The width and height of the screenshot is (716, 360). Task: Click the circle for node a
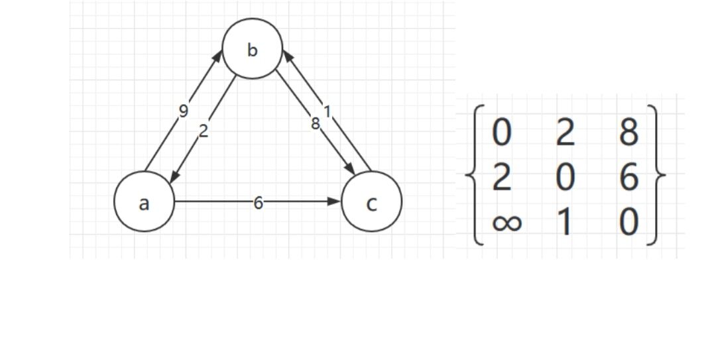click(x=144, y=202)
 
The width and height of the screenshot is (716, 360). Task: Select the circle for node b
click(x=252, y=49)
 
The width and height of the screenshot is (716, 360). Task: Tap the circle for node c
click(x=371, y=202)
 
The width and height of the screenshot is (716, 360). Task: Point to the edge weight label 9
click(x=184, y=110)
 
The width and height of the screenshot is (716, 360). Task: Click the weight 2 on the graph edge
click(x=204, y=131)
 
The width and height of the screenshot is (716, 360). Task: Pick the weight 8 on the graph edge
click(x=316, y=123)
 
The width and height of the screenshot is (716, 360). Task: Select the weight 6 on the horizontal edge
click(x=258, y=203)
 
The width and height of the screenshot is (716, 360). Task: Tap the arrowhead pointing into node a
click(x=173, y=177)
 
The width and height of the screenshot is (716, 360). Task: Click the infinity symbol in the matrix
click(x=507, y=223)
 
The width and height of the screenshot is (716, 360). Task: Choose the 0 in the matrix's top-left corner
click(x=502, y=133)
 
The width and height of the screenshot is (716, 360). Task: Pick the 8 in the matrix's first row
click(x=628, y=133)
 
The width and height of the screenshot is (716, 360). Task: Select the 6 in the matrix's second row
click(x=628, y=178)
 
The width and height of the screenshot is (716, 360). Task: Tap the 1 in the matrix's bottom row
click(x=564, y=223)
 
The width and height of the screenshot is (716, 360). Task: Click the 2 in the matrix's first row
click(x=564, y=133)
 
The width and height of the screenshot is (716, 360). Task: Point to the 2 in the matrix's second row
click(x=502, y=178)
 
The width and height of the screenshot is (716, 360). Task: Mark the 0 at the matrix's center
click(x=564, y=178)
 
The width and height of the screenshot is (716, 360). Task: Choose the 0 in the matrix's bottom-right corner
click(x=628, y=223)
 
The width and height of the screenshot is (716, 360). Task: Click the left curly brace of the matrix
click(x=472, y=176)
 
